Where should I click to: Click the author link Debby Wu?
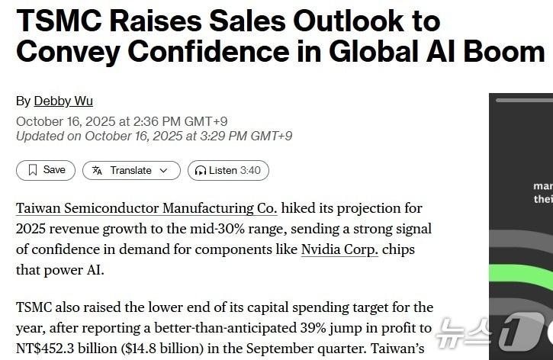63,101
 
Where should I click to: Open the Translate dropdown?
131,170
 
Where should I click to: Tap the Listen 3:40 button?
228,170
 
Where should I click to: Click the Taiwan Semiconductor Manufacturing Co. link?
146,208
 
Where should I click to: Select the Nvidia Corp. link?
339,249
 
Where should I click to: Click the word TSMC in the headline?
59,20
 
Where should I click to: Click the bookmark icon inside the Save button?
32,170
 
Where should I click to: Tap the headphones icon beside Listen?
201,171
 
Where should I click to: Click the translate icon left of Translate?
97,171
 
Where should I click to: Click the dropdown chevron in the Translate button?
163,171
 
